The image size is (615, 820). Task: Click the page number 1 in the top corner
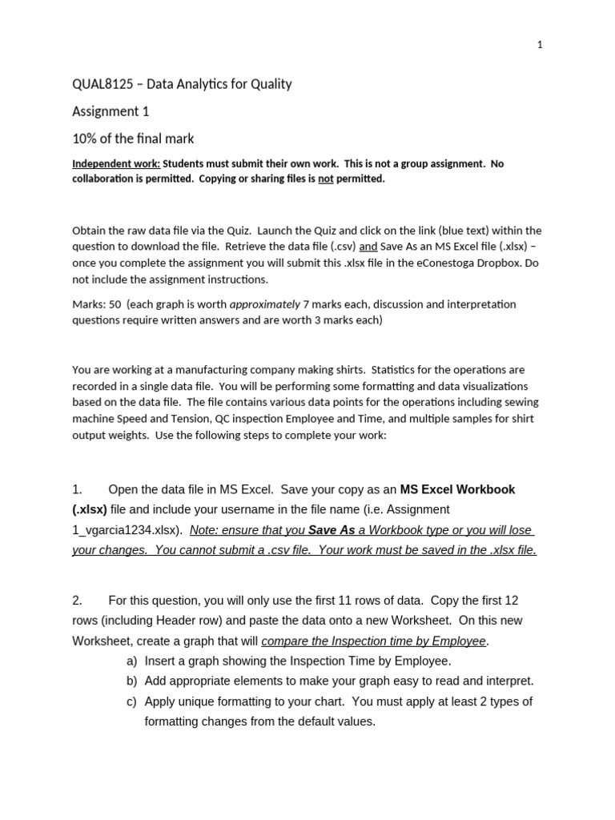click(x=540, y=45)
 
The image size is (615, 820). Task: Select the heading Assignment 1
click(x=111, y=111)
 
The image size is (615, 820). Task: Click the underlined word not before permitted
click(x=325, y=179)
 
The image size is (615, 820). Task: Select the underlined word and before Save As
click(x=368, y=247)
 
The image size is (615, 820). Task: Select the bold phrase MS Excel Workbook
click(x=457, y=489)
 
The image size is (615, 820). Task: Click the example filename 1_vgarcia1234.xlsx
click(x=127, y=530)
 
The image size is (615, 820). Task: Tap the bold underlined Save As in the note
click(x=332, y=530)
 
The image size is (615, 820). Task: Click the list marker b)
click(x=132, y=681)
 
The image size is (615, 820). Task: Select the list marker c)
click(x=132, y=701)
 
